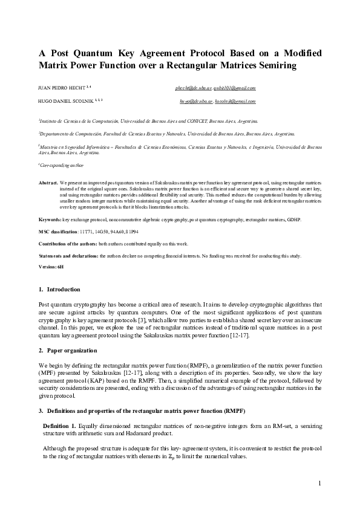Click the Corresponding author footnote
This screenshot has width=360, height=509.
pos(62,164)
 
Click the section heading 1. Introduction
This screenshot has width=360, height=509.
pos(55,290)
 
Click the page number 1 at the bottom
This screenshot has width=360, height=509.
pos(320,483)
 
